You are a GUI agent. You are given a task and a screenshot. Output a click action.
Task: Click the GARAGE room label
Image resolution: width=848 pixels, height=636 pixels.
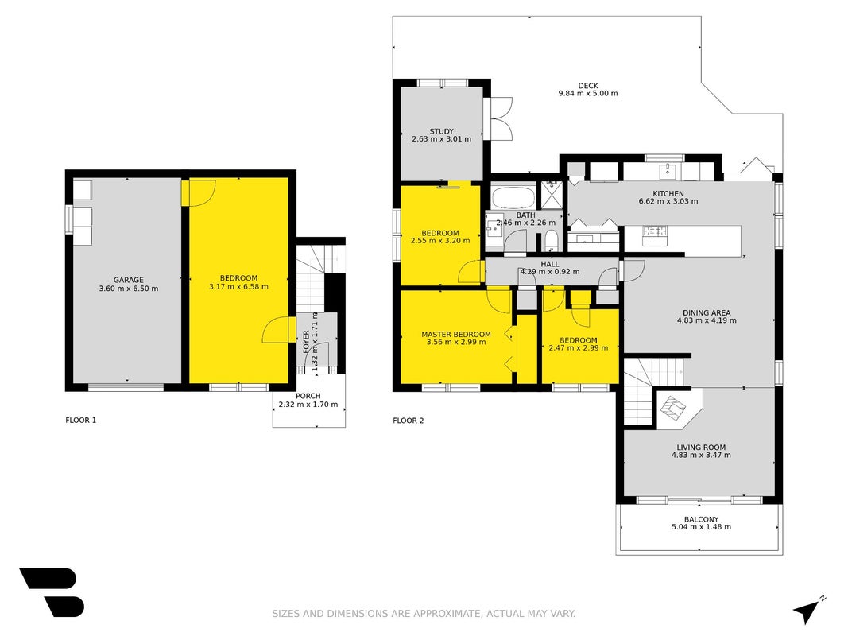(129, 280)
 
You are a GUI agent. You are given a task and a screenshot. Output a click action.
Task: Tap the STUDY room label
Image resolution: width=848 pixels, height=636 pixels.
(441, 131)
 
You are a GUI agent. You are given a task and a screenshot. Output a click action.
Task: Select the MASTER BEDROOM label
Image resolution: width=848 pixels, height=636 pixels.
(456, 335)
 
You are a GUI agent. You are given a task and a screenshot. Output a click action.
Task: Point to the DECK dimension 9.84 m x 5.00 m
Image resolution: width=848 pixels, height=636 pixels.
(588, 94)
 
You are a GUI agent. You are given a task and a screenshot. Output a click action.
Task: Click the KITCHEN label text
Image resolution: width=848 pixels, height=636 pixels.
(668, 194)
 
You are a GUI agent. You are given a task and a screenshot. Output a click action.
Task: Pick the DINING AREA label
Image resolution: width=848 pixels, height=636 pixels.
(707, 312)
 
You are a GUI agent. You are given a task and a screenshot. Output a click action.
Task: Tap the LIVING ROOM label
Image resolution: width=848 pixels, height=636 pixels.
(701, 448)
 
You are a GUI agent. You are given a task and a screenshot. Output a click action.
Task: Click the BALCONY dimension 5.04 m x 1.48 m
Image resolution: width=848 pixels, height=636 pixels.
(701, 527)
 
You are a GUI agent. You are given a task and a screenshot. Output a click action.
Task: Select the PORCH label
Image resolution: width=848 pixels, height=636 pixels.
(308, 397)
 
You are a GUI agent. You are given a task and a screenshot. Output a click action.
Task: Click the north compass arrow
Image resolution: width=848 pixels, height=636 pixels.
(807, 610)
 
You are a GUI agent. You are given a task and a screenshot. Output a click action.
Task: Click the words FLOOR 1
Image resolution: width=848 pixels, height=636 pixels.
(80, 421)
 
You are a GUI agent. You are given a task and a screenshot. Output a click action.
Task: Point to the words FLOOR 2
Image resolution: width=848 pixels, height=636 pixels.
(409, 421)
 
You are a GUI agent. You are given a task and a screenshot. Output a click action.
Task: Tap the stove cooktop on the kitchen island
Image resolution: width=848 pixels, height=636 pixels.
(654, 231)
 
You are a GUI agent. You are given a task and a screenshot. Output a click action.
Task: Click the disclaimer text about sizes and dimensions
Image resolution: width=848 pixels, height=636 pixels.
(424, 613)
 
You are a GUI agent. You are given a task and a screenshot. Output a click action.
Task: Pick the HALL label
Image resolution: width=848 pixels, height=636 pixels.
(549, 265)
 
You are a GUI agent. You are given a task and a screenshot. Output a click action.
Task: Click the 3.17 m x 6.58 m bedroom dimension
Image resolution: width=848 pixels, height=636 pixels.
(238, 287)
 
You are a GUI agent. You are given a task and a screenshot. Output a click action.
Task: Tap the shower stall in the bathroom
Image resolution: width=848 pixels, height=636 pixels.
(552, 195)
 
